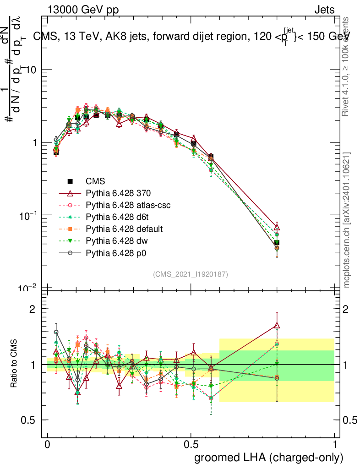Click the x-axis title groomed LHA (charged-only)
pyautogui.click(x=269, y=457)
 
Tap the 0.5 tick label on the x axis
pyautogui.click(x=191, y=445)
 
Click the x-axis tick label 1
pyautogui.click(x=335, y=445)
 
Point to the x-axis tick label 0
pyautogui.click(x=47, y=445)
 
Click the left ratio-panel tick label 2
pyautogui.click(x=33, y=309)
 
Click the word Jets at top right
pyautogui.click(x=324, y=10)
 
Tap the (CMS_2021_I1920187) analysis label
pyautogui.click(x=191, y=274)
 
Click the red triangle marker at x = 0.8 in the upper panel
pyautogui.click(x=277, y=228)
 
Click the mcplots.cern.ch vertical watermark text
pyautogui.click(x=347, y=220)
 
